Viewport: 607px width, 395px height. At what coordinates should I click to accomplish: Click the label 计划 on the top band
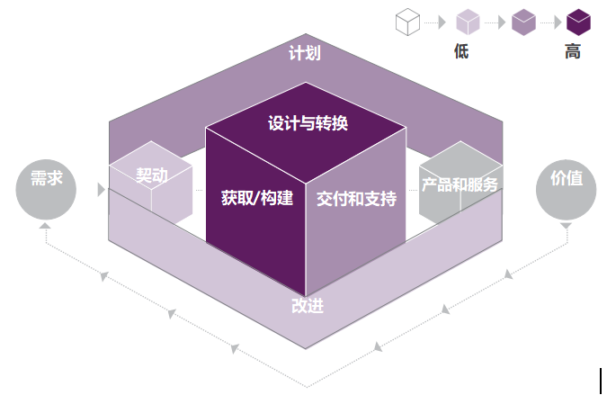[305, 53]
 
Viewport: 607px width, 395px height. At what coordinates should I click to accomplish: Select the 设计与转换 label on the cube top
[308, 123]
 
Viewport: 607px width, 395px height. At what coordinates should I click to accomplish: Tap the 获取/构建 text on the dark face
[257, 198]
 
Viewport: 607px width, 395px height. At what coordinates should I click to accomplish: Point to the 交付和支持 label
[356, 199]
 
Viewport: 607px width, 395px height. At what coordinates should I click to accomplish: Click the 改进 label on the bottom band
[308, 306]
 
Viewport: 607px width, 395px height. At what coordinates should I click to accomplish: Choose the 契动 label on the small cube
[152, 175]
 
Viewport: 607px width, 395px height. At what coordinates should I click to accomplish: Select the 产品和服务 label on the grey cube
[460, 184]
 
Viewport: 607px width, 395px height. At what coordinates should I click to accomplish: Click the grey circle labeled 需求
[46, 190]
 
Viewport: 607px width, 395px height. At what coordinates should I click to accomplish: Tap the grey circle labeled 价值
[567, 190]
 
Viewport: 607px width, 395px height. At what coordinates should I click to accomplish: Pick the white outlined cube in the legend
[407, 22]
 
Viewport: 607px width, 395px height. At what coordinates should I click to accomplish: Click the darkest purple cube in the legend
[579, 22]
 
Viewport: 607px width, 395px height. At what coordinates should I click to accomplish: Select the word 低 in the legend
[461, 51]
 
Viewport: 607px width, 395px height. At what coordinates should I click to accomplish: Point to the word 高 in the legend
[573, 51]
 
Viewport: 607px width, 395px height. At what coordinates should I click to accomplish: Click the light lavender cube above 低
[468, 22]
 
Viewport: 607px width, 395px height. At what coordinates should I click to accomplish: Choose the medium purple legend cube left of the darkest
[523, 22]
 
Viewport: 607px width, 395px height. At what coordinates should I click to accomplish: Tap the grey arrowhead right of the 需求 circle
[102, 190]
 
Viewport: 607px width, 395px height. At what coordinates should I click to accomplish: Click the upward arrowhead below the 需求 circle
[45, 225]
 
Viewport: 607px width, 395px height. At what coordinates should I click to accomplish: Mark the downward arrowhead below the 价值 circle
[566, 226]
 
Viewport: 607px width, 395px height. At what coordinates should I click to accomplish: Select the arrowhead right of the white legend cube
[442, 22]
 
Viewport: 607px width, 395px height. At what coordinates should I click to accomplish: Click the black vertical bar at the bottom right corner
[601, 381]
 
